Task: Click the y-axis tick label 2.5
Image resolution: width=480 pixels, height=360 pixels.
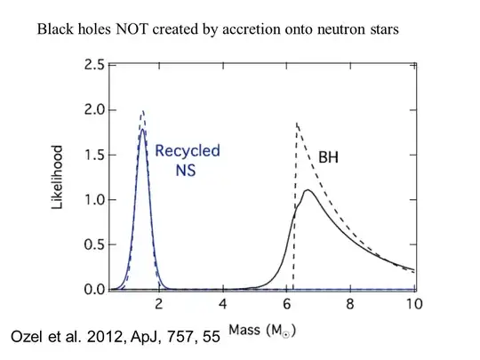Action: coord(92,65)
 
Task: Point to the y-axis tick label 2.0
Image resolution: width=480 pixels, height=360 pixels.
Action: coord(92,110)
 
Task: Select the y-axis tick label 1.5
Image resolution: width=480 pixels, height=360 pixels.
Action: coord(92,156)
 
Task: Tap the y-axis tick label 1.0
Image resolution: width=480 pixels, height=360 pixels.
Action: coord(92,200)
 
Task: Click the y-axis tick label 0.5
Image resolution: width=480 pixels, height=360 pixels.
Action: coord(92,245)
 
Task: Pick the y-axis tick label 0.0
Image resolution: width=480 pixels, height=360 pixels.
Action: coord(92,290)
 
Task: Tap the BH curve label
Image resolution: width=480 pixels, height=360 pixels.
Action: coord(331,156)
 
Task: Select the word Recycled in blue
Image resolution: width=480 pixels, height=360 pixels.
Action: coord(188,150)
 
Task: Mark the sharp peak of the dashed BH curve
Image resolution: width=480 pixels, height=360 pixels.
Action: coord(296,123)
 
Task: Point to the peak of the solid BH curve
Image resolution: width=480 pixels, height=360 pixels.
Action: coord(308,189)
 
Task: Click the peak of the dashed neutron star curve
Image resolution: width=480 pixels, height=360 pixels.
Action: coord(142,111)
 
